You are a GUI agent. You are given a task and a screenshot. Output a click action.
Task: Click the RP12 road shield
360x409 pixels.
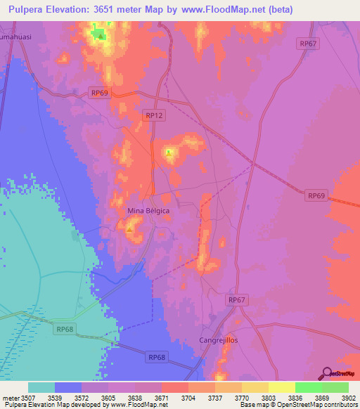pos(153,115)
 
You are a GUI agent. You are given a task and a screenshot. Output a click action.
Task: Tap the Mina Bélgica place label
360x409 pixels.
pos(148,211)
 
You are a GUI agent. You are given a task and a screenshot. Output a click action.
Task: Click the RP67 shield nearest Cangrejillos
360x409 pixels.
pos(237,300)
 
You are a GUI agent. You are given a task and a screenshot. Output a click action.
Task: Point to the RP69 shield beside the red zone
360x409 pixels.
pos(316,195)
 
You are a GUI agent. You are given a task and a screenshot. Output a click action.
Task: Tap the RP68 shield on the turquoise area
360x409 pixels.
pos(65,328)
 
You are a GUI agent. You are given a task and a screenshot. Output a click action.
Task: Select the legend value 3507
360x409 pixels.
pos(27,398)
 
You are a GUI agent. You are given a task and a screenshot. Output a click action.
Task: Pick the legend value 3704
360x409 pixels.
pos(188,398)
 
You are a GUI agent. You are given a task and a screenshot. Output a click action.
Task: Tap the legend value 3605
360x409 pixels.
pos(108,398)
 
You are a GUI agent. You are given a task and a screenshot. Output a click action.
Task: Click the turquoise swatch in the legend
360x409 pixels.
pos(41,387)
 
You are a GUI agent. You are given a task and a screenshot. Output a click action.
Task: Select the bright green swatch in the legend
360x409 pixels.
pos(308,387)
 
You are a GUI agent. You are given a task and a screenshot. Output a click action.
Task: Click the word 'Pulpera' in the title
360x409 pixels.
pos(30,10)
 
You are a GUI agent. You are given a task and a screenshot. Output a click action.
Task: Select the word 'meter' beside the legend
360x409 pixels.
pos(9,398)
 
